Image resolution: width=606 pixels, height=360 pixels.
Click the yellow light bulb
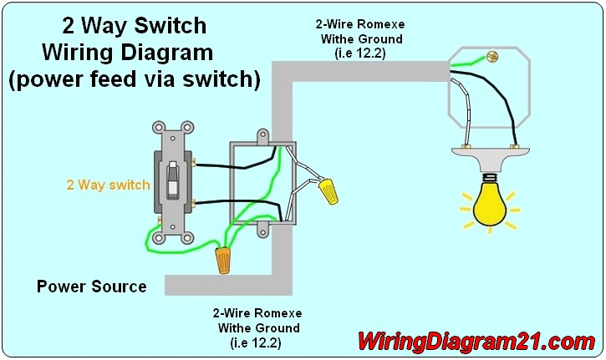pos(490,205)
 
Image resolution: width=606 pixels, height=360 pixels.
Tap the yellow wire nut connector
pos(328,190)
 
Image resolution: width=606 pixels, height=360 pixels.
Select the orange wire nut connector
pos(223,261)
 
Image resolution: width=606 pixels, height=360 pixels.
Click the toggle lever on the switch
pos(173,180)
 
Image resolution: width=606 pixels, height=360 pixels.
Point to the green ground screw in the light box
pos(492,57)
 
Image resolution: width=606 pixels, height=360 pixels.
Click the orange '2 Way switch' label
pos(108,185)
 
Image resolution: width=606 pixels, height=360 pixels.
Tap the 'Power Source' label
pos(92,286)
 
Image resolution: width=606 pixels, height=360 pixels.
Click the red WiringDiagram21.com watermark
pos(476,342)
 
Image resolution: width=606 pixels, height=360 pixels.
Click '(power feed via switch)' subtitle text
pos(134,79)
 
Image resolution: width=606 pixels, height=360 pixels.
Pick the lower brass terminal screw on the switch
pos(193,202)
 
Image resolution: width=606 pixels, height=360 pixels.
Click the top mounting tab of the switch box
pos(262,135)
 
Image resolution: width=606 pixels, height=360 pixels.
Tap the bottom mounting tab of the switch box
pos(262,231)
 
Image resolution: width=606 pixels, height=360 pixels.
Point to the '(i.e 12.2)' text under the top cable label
pos(360,53)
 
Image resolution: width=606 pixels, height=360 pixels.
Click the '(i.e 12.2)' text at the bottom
pos(256,342)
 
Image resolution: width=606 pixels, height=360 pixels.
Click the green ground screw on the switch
pos(159,220)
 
